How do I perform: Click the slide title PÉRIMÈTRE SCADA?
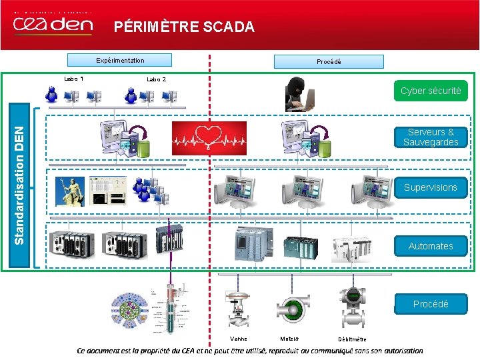pyautogui.click(x=184, y=27)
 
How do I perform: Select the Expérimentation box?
pyautogui.click(x=120, y=61)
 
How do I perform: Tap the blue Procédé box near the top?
pyautogui.click(x=329, y=62)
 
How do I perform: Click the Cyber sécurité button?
pyautogui.click(x=430, y=91)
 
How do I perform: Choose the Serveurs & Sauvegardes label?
pyautogui.click(x=430, y=137)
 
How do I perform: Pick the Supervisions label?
pyautogui.click(x=430, y=187)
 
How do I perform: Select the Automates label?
pyautogui.click(x=430, y=246)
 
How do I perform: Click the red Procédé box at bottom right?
pyautogui.click(x=430, y=304)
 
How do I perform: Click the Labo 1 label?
pyautogui.click(x=73, y=79)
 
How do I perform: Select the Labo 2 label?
pyautogui.click(x=157, y=79)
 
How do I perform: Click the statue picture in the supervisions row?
pyautogui.click(x=70, y=189)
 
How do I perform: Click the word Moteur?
pyautogui.click(x=289, y=339)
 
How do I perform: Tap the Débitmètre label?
pyautogui.click(x=352, y=339)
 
